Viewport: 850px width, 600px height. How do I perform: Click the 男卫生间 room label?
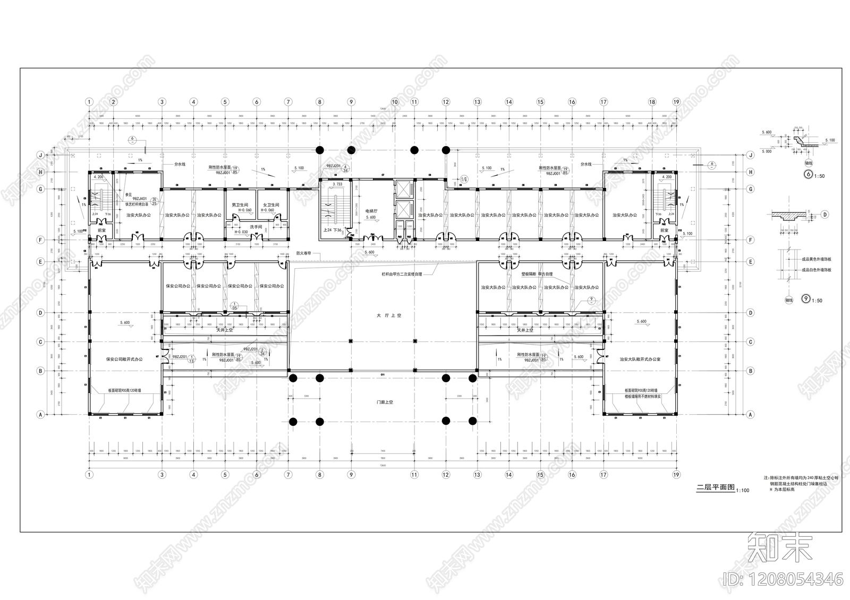[x=240, y=205]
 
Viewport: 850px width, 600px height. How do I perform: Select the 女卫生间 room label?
[x=271, y=205]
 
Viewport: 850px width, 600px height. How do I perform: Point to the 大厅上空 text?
[x=389, y=315]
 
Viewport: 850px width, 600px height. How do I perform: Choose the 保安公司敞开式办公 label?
[x=124, y=359]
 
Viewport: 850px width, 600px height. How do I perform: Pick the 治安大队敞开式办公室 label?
[x=640, y=359]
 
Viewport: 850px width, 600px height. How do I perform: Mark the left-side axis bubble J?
[x=40, y=155]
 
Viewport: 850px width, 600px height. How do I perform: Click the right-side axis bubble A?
[x=750, y=414]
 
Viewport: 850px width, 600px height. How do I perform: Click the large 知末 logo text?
[x=780, y=547]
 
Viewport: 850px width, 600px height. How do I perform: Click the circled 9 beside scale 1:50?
[x=806, y=300]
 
